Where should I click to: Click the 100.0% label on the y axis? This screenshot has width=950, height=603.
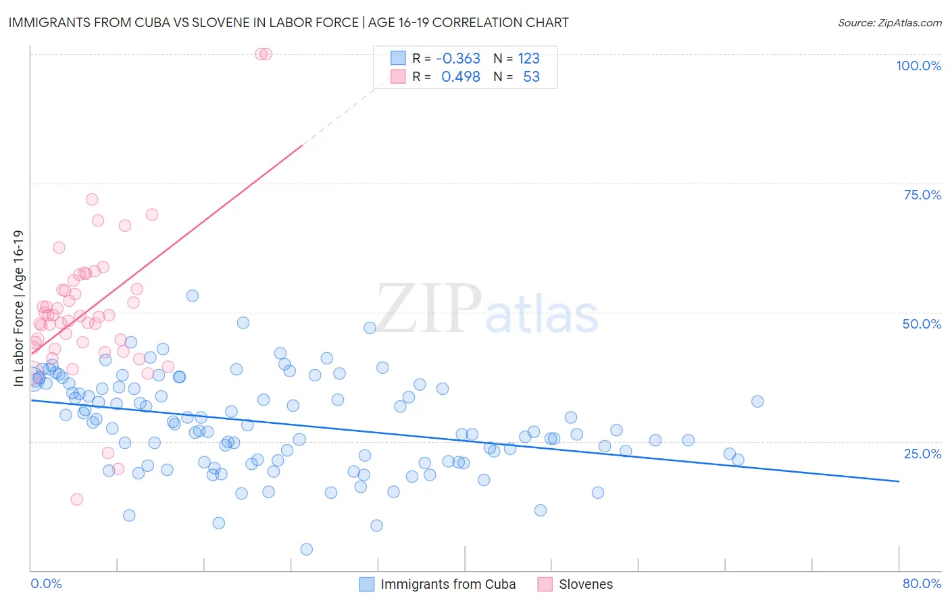pos(918,66)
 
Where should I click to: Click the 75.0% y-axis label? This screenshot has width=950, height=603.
pos(922,195)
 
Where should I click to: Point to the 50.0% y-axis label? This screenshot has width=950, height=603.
pos(922,324)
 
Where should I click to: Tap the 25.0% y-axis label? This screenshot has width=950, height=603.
pos(922,454)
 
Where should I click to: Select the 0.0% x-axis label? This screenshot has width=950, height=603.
pos(46,583)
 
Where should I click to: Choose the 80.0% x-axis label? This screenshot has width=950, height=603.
pos(922,583)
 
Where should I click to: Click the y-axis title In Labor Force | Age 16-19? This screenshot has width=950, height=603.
pos(18,308)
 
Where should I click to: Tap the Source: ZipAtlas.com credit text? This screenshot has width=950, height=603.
pos(889,22)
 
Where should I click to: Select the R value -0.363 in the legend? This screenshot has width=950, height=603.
pos(458,58)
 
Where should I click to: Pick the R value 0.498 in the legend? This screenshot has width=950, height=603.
pos(461,76)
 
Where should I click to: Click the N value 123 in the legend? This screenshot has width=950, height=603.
pos(529,58)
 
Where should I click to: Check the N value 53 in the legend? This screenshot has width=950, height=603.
pos(532,76)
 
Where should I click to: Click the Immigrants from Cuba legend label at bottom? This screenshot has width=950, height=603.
pos(448,584)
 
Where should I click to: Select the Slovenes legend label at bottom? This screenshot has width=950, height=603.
pos(586,584)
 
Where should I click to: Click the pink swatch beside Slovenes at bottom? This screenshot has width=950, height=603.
pos(545,584)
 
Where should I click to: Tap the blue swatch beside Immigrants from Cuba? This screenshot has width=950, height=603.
pos(366,584)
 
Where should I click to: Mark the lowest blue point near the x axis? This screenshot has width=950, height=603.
pos(306,549)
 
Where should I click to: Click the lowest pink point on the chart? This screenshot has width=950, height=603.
pos(77,499)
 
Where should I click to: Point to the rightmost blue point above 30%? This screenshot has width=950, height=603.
pos(757,402)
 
